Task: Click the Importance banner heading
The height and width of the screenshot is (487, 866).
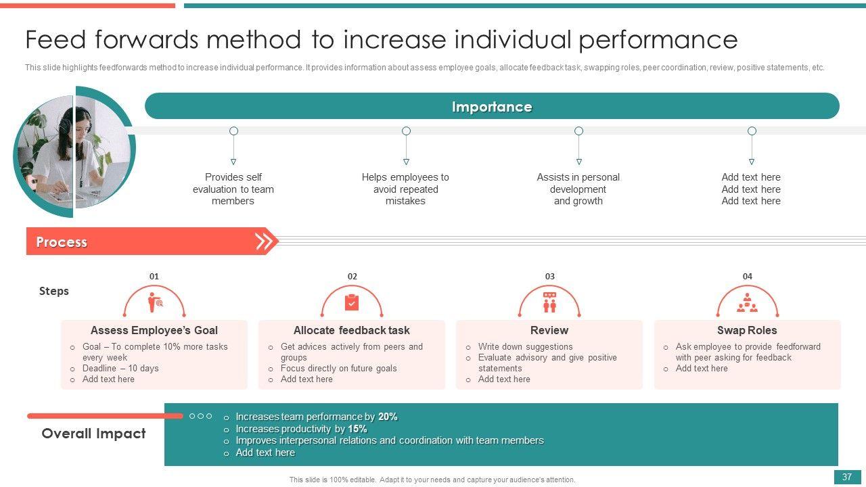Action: click(x=492, y=107)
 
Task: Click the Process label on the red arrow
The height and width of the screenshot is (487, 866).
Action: click(x=62, y=242)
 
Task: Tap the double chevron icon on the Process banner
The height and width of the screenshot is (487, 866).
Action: click(x=265, y=241)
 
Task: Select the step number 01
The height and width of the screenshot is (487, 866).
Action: click(x=154, y=276)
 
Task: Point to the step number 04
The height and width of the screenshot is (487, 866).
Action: click(x=747, y=276)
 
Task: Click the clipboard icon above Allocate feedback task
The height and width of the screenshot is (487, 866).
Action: click(x=352, y=302)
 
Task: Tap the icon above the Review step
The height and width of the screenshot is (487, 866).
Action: click(x=549, y=302)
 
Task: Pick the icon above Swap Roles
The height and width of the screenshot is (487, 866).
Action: click(x=747, y=303)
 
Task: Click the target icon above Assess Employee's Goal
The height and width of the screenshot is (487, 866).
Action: click(x=155, y=303)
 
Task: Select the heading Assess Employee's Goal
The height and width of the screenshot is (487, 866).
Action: click(x=154, y=330)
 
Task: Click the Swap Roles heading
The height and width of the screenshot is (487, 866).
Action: click(x=747, y=330)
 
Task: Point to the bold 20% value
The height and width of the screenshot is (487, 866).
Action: click(x=388, y=417)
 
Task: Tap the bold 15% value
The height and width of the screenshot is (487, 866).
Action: click(x=357, y=429)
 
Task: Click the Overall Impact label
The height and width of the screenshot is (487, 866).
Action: click(x=93, y=434)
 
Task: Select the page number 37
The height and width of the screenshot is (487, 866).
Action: click(x=847, y=477)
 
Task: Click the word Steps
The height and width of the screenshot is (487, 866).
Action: click(x=54, y=291)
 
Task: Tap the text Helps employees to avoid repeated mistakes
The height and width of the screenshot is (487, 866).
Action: click(x=405, y=189)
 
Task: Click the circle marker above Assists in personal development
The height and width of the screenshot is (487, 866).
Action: click(x=578, y=131)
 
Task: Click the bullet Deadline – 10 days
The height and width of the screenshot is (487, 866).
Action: click(x=120, y=368)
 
